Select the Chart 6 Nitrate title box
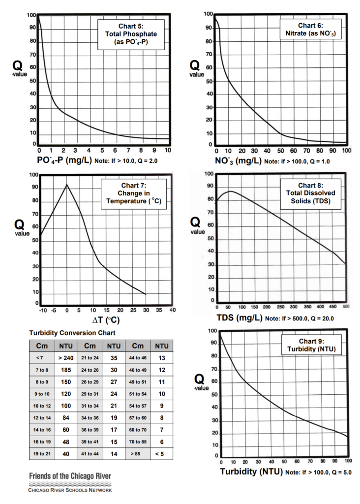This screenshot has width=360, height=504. pos(310,30)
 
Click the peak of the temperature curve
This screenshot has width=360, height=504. pos(67,185)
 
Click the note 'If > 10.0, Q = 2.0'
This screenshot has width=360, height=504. pos(130,161)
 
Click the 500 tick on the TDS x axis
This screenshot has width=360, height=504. pos(345,307)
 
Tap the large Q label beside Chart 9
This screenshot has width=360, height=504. pos(199,379)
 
